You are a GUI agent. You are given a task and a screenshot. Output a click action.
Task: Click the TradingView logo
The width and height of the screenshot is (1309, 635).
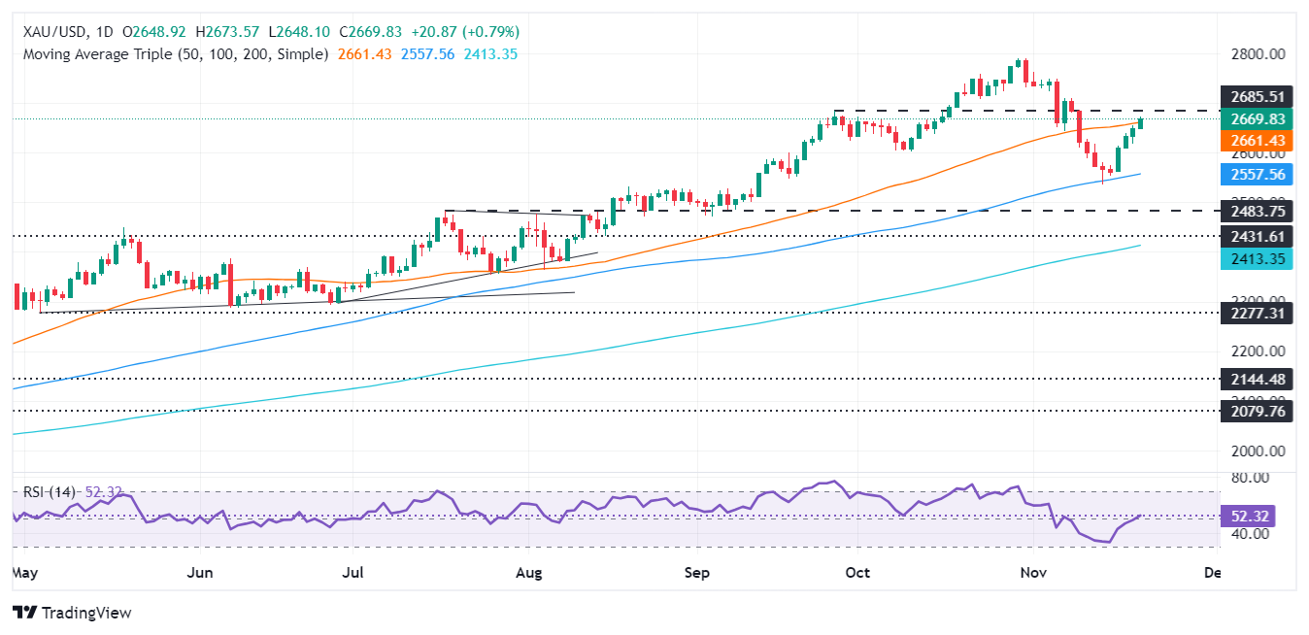click(x=72, y=613)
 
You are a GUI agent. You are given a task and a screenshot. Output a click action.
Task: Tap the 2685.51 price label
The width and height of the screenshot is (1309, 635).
click(x=1257, y=97)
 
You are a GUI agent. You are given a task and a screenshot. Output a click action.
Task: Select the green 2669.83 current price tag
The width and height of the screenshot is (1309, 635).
click(x=1257, y=119)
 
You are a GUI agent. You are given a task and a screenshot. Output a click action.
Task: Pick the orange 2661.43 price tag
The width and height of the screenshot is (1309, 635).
click(x=1257, y=141)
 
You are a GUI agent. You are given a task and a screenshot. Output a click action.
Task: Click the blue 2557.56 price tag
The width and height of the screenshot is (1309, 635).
click(x=1257, y=175)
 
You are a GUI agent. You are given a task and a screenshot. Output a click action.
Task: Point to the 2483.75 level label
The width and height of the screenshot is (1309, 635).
click(x=1257, y=211)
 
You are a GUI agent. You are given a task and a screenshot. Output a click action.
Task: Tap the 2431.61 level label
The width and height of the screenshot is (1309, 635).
click(x=1257, y=236)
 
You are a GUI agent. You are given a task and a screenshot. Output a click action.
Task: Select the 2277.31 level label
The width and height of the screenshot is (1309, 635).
click(x=1257, y=314)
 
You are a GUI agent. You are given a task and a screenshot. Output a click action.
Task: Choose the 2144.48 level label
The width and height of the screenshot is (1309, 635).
click(x=1257, y=379)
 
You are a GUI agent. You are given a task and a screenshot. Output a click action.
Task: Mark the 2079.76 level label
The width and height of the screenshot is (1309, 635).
click(x=1257, y=411)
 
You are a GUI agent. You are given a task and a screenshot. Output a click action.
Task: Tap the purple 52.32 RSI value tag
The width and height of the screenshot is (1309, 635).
click(x=1257, y=516)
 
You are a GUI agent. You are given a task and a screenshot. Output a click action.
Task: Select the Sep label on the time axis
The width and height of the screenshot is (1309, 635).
click(x=696, y=573)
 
